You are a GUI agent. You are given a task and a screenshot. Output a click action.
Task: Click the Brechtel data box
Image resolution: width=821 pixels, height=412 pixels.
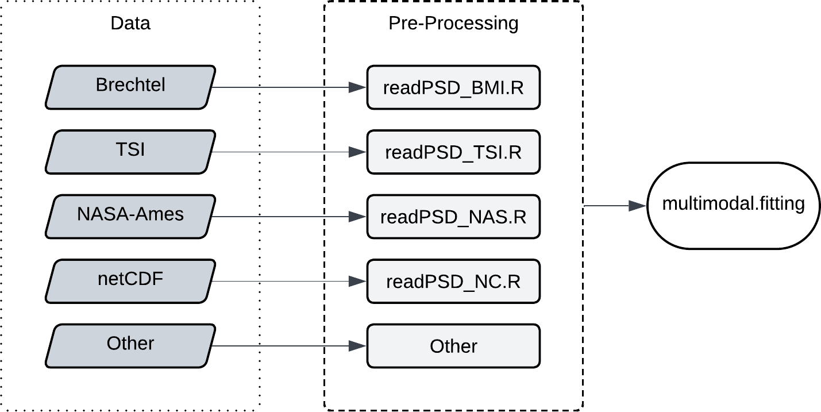coord(130,87)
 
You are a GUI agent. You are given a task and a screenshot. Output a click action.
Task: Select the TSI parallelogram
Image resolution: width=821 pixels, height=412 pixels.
coord(130,152)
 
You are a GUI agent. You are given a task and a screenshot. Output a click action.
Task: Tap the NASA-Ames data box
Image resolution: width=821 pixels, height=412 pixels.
coord(130,217)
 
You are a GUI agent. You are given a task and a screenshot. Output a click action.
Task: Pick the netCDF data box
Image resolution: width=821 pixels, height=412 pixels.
coord(130,281)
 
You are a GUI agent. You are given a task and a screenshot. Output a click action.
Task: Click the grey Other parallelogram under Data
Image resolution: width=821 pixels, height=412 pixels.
coord(130,346)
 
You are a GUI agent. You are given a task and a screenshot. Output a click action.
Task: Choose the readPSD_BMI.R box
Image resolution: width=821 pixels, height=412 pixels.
coord(453,87)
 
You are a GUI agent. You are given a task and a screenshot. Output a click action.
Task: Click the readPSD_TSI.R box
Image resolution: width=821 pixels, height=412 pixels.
coord(453,152)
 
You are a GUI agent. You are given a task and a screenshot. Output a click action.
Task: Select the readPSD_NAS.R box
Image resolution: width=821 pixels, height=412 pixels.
coord(453,217)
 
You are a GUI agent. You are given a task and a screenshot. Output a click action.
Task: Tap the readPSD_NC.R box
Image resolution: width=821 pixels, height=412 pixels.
coord(453,281)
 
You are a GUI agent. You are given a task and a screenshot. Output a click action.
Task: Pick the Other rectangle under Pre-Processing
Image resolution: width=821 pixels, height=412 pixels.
coord(453,346)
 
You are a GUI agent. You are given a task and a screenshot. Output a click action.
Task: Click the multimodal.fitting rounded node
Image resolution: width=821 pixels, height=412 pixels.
coord(734,206)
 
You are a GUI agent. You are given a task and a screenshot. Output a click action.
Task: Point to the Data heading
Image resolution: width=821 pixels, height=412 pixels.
coord(130,23)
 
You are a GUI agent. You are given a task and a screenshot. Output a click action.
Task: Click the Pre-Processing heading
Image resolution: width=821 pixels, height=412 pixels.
coord(453,24)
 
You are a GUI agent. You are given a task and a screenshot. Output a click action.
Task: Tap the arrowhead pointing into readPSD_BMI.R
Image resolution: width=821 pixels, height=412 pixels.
coord(357,87)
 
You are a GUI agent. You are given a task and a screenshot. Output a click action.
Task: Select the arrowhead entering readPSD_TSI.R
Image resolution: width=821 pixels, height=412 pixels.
coord(357,152)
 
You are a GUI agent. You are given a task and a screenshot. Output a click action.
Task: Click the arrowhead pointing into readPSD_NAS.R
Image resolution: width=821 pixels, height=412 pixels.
coord(357,217)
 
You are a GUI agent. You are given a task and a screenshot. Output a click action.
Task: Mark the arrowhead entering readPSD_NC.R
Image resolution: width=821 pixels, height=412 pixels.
coord(357,281)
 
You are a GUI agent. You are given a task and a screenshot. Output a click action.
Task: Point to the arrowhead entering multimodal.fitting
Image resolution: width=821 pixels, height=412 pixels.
coord(637,206)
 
